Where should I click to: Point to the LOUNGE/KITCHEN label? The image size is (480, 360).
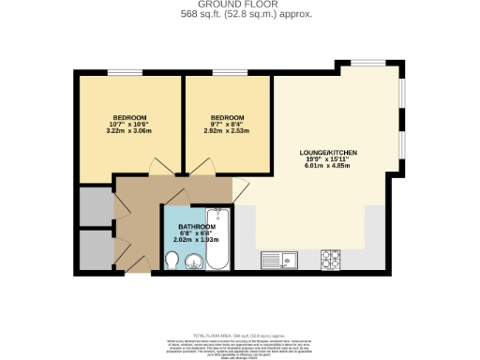pyautogui.click(x=329, y=152)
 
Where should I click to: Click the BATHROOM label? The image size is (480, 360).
pyautogui.click(x=197, y=226)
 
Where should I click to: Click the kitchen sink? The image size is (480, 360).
pyautogui.click(x=280, y=259)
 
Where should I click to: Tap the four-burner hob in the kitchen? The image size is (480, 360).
pyautogui.click(x=332, y=258)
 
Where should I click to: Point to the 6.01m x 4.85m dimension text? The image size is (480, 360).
pyautogui.click(x=329, y=168)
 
